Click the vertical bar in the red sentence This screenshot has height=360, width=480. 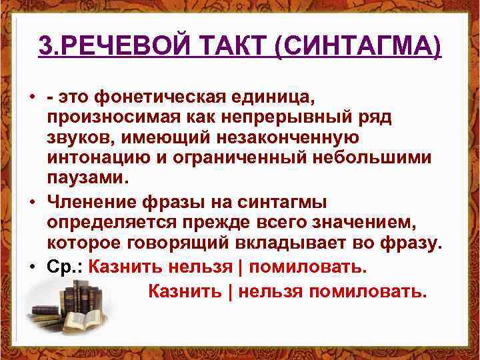click(x=242, y=267)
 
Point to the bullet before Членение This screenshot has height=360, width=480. click(x=32, y=201)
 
